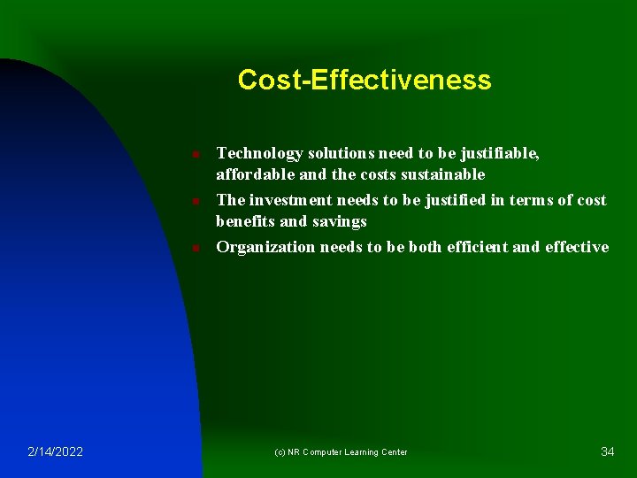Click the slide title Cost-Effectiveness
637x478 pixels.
click(364, 81)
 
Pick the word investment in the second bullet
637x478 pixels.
click(288, 200)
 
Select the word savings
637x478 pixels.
click(338, 221)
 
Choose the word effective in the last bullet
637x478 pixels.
click(576, 247)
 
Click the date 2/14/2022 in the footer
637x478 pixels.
click(55, 452)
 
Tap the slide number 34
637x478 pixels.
click(607, 452)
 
